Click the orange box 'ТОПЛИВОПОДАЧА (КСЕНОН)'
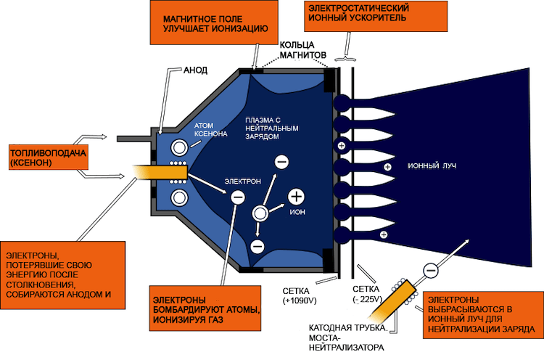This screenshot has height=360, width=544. (48, 160)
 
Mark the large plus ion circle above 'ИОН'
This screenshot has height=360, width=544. (297, 196)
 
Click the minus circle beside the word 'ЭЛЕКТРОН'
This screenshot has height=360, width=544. (237, 195)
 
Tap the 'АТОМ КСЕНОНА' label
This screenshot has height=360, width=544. (210, 130)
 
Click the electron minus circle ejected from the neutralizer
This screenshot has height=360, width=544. (430, 270)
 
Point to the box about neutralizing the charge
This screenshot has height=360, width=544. (481, 315)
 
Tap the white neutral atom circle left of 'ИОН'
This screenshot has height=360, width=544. (259, 213)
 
